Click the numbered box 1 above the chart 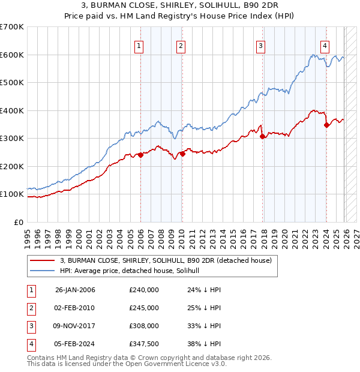coord(139,45)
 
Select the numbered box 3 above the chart coord(261,45)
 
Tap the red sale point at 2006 coord(140,155)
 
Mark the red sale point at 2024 coord(326,125)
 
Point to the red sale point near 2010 coord(181,154)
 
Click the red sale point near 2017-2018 coord(262,136)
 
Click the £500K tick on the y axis coord(12,83)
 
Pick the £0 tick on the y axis coord(18,223)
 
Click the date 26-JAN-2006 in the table coord(74,290)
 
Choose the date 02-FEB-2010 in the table coord(74,308)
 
